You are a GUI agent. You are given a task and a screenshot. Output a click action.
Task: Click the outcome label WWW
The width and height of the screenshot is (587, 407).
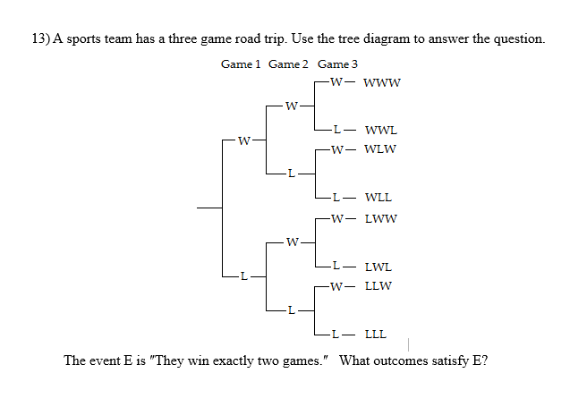383,83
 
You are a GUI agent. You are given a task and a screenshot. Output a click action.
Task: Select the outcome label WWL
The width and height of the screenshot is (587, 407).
380,130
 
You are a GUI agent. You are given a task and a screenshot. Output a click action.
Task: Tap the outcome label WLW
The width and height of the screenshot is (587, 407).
380,149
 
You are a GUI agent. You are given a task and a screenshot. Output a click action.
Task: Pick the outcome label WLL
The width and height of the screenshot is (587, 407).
379,197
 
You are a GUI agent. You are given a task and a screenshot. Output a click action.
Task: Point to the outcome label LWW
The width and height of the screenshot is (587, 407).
380,217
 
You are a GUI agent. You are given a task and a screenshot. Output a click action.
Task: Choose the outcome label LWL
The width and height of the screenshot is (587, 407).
379,267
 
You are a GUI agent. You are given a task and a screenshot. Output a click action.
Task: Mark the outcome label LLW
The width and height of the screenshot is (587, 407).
379,286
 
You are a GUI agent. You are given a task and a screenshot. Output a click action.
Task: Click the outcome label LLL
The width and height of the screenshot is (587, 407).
376,335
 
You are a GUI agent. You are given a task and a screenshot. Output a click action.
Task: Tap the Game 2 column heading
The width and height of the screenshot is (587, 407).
289,64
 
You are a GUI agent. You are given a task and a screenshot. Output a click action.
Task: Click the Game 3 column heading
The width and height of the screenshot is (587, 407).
337,64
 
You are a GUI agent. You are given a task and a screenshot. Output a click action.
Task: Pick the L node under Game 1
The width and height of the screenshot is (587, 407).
240,276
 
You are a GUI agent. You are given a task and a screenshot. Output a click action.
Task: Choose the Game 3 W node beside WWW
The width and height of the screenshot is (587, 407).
335,83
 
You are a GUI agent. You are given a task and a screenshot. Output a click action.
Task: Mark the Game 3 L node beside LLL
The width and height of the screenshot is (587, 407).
335,335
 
